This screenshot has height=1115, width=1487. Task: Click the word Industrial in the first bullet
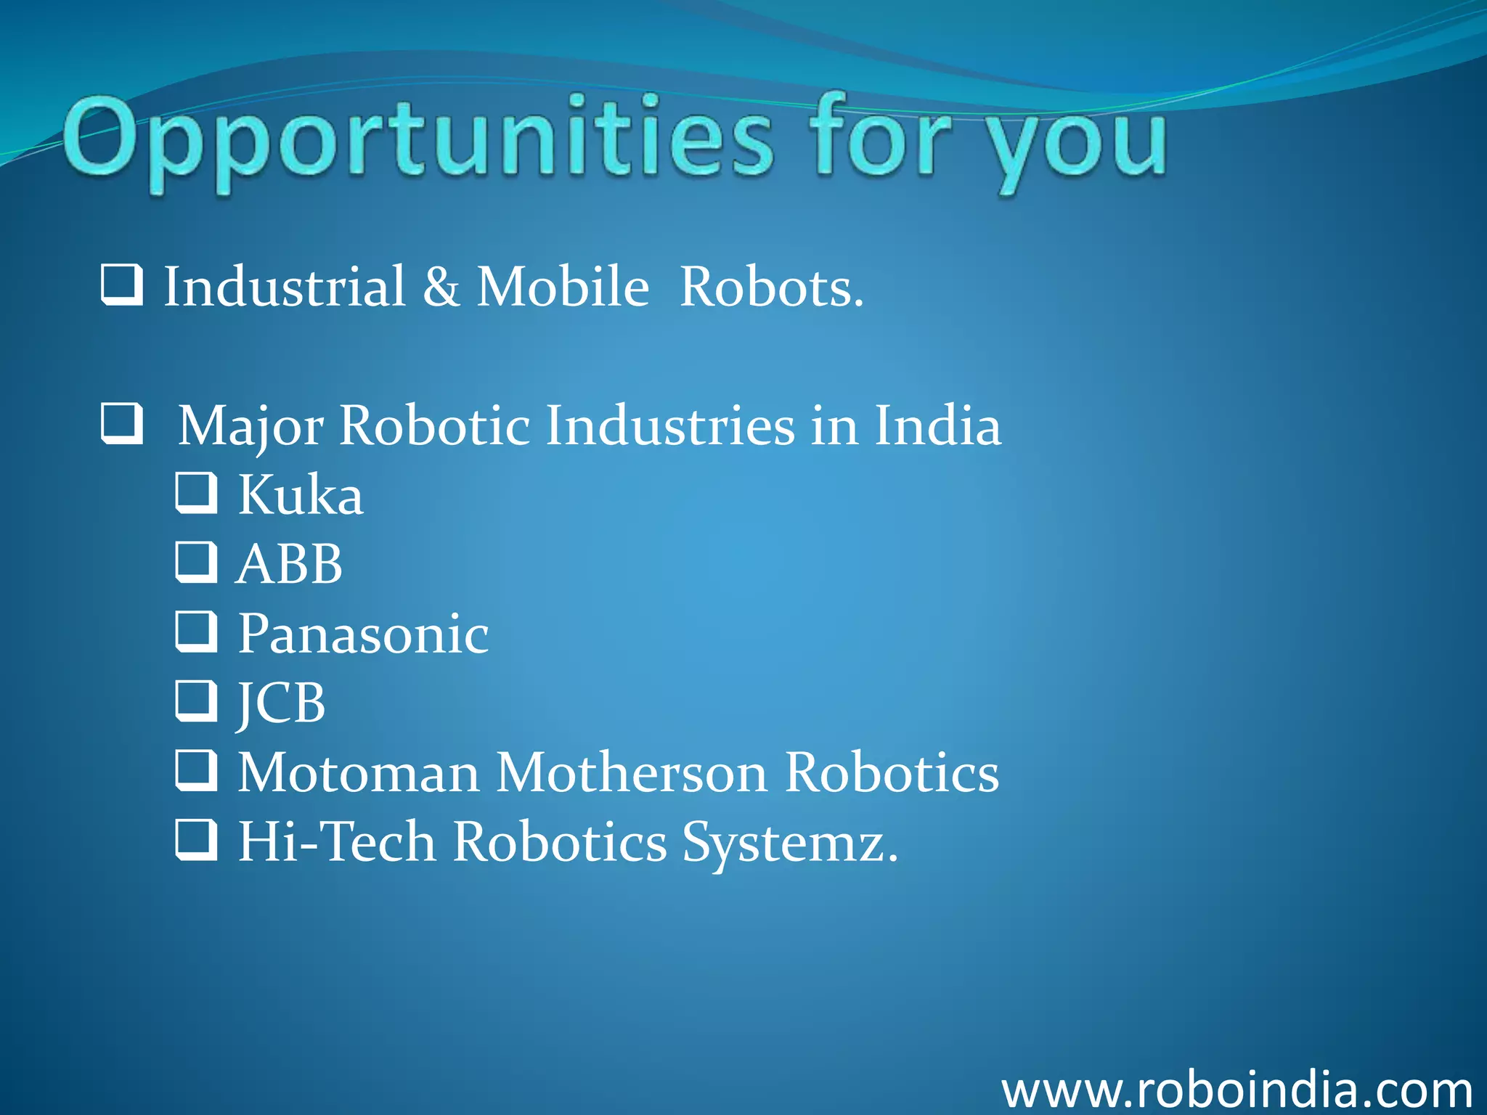[284, 286]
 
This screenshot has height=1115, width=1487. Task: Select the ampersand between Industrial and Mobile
[441, 286]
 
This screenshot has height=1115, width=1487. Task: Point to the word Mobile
[562, 286]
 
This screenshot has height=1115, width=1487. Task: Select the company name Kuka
[301, 495]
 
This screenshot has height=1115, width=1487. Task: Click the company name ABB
[290, 564]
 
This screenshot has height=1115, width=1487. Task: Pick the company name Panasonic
[363, 634]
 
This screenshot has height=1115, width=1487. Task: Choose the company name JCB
[281, 703]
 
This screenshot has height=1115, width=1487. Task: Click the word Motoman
[359, 772]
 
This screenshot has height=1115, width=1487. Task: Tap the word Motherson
[632, 772]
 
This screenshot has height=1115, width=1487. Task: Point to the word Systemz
[790, 842]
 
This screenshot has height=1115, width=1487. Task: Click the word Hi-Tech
[337, 841]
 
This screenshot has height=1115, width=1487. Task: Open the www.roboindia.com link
[1237, 1089]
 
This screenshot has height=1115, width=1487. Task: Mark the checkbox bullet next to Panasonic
[196, 631]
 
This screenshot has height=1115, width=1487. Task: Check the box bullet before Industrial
[121, 284]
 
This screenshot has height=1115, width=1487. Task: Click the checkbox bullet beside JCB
[196, 700]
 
